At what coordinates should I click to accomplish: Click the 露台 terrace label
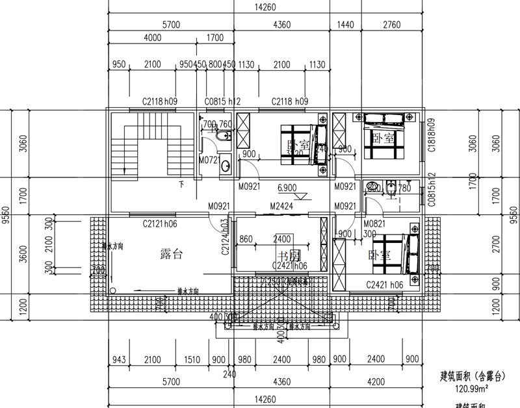[x=171, y=254]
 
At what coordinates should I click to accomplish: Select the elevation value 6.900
[x=288, y=186]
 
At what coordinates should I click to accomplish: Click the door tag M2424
[x=281, y=207]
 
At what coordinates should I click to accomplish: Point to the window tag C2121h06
[x=161, y=223]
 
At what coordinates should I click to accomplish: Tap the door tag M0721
[x=208, y=160]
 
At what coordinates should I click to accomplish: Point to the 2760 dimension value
[x=391, y=25]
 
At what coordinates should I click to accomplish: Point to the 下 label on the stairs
[x=181, y=185]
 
